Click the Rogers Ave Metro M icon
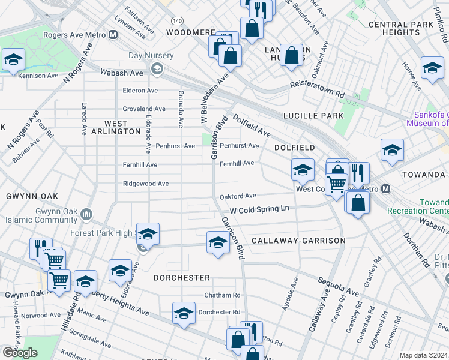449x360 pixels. tap(112, 35)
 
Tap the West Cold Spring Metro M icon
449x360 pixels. tap(386, 188)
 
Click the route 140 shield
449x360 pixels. tap(172, 21)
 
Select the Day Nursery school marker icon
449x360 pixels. tap(157, 68)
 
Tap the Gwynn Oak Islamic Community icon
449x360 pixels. tap(87, 214)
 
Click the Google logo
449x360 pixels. tap(20, 352)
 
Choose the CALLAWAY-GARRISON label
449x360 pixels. tap(298, 241)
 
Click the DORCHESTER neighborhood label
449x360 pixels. tap(182, 278)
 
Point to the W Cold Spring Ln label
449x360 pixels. tap(260, 209)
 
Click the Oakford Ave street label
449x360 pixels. tap(238, 196)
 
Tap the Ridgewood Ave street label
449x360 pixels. tap(146, 184)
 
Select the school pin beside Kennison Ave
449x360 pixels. tap(13, 60)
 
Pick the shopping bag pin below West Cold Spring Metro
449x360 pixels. tap(357, 203)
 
